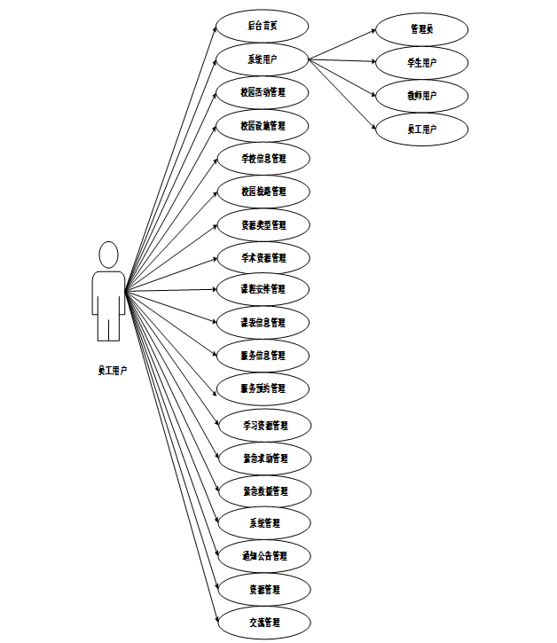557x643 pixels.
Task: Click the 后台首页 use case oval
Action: (x=263, y=27)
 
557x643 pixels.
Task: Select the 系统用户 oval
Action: (x=263, y=59)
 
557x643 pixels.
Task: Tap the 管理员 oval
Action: (x=421, y=29)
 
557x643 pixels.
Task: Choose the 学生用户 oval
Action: (x=421, y=63)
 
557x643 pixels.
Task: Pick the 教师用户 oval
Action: (x=421, y=95)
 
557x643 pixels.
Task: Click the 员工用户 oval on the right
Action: (x=421, y=129)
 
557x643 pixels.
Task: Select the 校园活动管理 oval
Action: (x=263, y=92)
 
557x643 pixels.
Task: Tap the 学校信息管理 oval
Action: (x=263, y=159)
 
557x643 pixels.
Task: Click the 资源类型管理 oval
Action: (x=263, y=225)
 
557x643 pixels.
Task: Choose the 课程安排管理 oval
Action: (x=263, y=290)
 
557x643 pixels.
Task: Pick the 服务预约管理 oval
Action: (x=263, y=388)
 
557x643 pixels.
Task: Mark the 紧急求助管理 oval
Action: (x=264, y=459)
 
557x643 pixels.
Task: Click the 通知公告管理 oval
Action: (x=264, y=556)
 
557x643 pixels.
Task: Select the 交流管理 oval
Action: (x=264, y=623)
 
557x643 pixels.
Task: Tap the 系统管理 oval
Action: (x=264, y=523)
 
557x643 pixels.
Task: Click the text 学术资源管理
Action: (x=263, y=258)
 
